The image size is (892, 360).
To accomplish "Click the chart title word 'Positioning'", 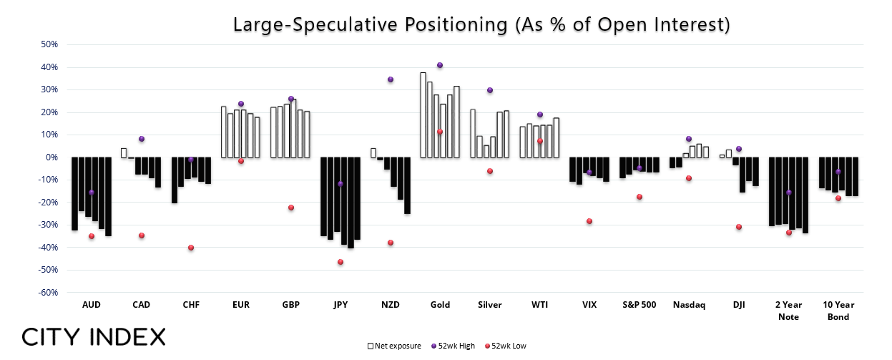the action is [456, 24].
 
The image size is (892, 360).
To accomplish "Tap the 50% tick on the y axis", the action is [49, 44].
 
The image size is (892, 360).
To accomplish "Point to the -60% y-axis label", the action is [48, 293].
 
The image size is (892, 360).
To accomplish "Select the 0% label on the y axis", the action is [52, 157].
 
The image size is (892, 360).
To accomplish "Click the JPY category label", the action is [340, 305].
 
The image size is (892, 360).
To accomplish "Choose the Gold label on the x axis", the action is [440, 305].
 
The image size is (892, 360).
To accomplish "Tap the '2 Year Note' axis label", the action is [788, 311].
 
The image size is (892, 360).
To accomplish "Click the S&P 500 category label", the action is [639, 305].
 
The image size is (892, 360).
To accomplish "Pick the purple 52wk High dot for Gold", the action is [440, 65].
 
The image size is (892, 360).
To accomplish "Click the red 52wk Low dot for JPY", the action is [340, 262].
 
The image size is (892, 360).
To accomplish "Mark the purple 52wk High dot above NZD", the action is [391, 79].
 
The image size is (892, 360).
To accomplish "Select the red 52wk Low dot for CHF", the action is [191, 248].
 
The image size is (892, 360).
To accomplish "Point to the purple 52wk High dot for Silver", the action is [490, 90].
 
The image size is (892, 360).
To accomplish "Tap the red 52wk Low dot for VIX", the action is [589, 221].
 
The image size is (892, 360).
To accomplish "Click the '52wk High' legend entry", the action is [454, 346].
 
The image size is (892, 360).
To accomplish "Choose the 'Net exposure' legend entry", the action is [394, 346].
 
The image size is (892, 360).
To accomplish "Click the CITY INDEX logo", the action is [94, 337].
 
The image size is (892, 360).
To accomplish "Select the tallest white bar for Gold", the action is [423, 115].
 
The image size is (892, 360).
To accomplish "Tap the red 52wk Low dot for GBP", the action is [291, 208].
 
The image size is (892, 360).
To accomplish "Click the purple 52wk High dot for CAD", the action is [142, 139].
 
